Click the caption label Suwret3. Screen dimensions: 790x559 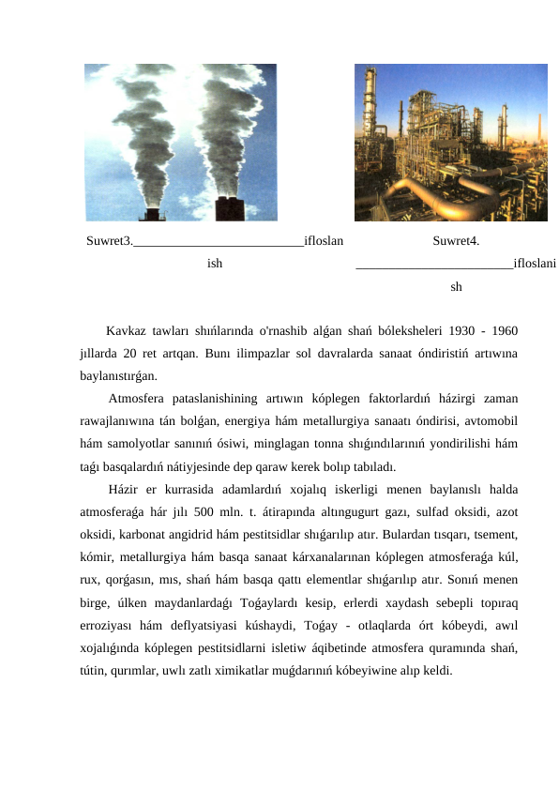pos(109,241)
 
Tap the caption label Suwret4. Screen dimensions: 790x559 pos(456,241)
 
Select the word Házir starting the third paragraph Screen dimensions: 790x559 pos(126,489)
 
